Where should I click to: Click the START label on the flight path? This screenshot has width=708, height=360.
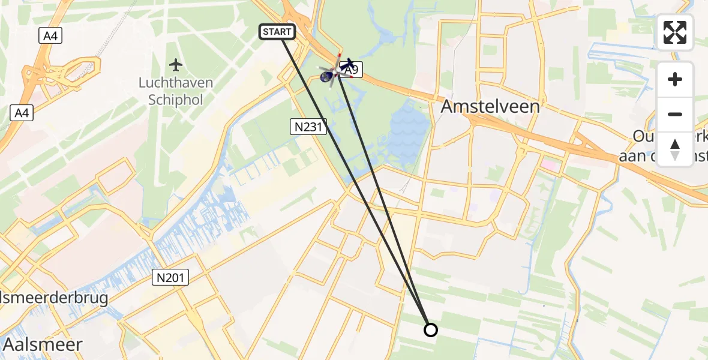(x=277, y=32)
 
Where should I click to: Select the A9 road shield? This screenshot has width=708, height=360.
(x=352, y=70)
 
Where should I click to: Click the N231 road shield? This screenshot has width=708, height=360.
(x=308, y=126)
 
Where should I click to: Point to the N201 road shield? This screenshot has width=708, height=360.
(x=170, y=277)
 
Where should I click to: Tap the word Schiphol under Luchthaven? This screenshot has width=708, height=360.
(x=175, y=99)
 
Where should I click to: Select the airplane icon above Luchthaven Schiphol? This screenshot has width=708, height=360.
(x=175, y=64)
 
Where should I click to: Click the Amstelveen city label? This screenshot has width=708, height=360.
(x=490, y=107)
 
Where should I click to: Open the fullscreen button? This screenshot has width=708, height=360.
(x=675, y=32)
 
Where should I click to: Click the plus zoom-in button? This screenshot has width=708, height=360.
(x=675, y=79)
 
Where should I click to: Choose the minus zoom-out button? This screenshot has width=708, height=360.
(x=675, y=114)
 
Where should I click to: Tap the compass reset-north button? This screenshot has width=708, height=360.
(x=675, y=149)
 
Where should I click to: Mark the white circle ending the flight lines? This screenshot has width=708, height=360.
(x=430, y=329)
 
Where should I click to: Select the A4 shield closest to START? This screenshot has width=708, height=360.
(x=51, y=36)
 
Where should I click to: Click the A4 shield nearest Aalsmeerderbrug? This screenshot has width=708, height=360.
(x=21, y=112)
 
